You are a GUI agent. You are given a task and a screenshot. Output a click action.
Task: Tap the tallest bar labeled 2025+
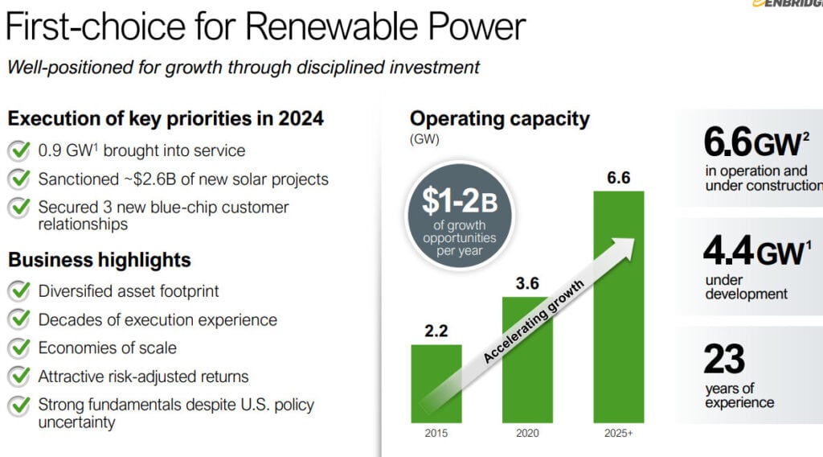[618, 306]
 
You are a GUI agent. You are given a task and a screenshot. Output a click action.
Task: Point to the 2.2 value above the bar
[436, 331]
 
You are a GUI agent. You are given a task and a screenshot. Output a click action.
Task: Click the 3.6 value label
[526, 283]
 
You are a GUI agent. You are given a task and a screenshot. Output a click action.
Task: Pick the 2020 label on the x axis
[526, 434]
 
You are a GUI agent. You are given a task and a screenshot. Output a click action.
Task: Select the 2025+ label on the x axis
[618, 434]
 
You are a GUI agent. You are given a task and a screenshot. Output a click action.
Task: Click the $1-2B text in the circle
[459, 200]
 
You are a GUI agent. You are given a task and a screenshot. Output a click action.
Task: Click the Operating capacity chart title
[499, 119]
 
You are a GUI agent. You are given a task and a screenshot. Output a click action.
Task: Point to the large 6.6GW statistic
[751, 143]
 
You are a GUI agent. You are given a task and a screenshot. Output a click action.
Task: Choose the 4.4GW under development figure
[752, 252]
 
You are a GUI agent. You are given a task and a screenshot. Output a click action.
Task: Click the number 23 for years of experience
[724, 360]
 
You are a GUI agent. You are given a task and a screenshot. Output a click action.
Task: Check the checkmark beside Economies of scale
[18, 348]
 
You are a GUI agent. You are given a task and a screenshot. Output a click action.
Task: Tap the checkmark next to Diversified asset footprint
[18, 291]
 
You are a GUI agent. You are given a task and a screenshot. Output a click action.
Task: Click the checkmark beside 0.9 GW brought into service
[18, 151]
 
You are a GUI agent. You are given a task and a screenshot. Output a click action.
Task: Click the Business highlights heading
[99, 260]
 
